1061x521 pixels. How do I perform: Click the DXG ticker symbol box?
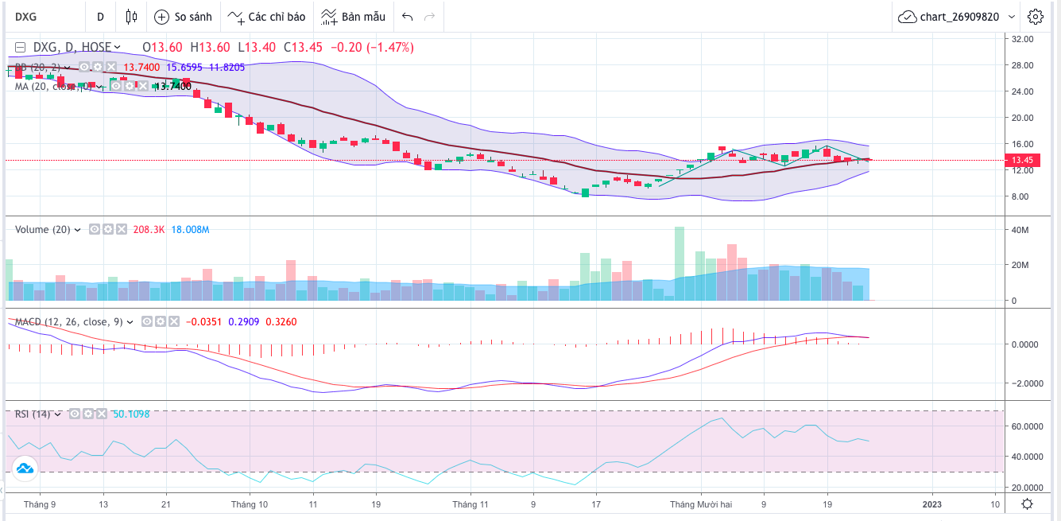28,17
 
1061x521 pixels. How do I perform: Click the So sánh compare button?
184,17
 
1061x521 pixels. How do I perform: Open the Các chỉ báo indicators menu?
265,17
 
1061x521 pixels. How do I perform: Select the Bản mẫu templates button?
354,17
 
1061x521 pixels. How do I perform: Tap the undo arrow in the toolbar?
408,17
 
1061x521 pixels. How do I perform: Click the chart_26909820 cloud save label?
958,17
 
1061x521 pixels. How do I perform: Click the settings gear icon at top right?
1035,17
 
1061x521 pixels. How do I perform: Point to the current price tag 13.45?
1021,160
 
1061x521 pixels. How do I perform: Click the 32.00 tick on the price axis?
1021,38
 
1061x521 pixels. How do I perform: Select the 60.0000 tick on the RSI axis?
1024,426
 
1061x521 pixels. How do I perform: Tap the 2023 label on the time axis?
931,504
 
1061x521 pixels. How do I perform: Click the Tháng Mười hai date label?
699,504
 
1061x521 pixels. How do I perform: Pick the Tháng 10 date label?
249,504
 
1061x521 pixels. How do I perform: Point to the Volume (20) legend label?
43,230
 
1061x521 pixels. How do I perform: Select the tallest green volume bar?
680,263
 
